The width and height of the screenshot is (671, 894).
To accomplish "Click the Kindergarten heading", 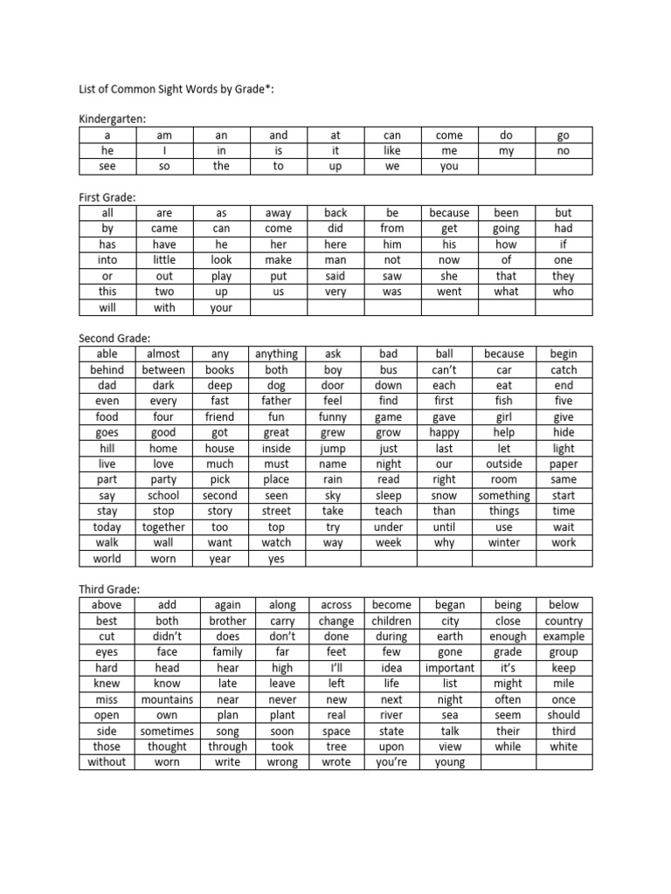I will pyautogui.click(x=113, y=118).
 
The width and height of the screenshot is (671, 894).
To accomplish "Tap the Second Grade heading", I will pyautogui.click(x=115, y=338).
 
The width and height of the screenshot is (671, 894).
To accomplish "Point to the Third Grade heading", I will pyautogui.click(x=110, y=588).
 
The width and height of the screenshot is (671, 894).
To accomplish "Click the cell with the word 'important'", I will pyautogui.click(x=449, y=668).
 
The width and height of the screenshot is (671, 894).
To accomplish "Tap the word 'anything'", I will pyautogui.click(x=276, y=354).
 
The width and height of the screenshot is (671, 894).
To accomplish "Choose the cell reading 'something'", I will pyautogui.click(x=504, y=495).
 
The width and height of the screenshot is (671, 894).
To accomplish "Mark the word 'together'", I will pyautogui.click(x=163, y=526).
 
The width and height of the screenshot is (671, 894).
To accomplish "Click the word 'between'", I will pyautogui.click(x=163, y=369).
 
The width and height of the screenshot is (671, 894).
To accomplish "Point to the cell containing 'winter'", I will pyautogui.click(x=504, y=542).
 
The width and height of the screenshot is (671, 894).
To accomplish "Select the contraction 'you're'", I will pyautogui.click(x=391, y=762).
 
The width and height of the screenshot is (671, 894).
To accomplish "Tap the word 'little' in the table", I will pyautogui.click(x=163, y=259).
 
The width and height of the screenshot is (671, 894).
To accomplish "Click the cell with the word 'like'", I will pyautogui.click(x=391, y=150).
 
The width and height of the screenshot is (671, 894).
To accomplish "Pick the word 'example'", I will pyautogui.click(x=564, y=636).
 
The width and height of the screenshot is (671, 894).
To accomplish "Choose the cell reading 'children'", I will pyautogui.click(x=391, y=621).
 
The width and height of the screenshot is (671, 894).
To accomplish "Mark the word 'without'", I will pyautogui.click(x=107, y=762).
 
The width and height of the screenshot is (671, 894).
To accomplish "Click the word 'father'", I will pyautogui.click(x=276, y=401).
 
